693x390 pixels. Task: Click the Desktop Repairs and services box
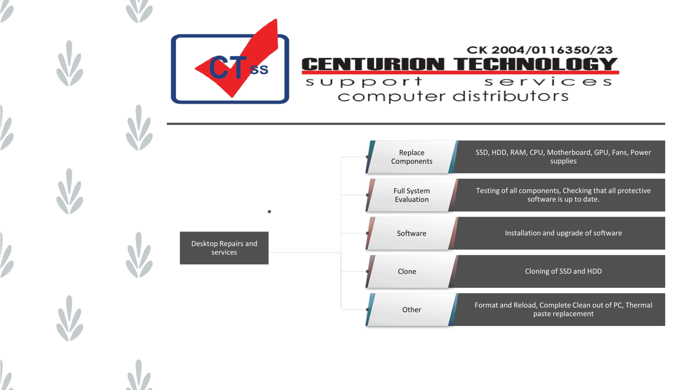click(224, 248)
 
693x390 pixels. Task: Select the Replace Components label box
click(411, 157)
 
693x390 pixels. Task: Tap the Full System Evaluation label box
click(411, 195)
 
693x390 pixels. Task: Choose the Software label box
click(411, 233)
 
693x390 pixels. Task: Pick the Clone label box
click(407, 272)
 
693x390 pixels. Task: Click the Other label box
click(411, 310)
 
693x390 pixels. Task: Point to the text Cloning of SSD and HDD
click(563, 271)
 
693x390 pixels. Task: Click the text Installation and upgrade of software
click(563, 233)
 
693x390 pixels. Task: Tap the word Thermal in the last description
click(639, 305)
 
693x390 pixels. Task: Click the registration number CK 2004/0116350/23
click(539, 50)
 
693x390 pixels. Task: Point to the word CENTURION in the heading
click(373, 64)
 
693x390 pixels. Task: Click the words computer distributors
click(453, 96)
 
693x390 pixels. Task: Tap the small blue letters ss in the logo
click(259, 69)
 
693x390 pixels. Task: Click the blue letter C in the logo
click(219, 68)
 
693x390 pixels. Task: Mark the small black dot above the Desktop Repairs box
click(269, 212)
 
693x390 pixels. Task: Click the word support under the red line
click(364, 82)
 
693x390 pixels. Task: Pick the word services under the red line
click(548, 82)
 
